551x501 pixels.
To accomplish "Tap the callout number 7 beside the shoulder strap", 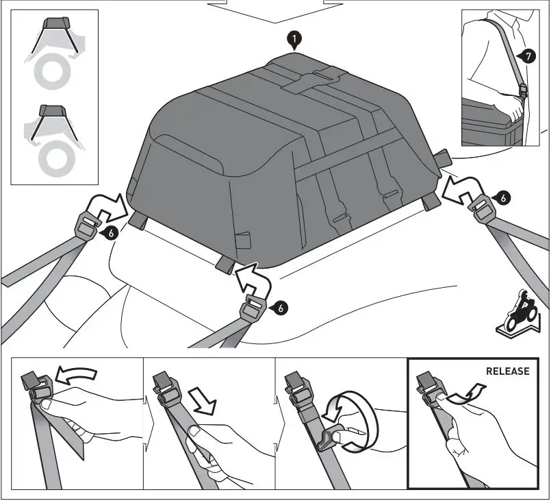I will point(527,57).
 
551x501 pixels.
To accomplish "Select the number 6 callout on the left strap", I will point(110,233).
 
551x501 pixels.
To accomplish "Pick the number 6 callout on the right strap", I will point(503,198).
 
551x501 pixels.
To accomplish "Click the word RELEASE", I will point(507,371).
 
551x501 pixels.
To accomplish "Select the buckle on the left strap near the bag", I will point(88,222).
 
